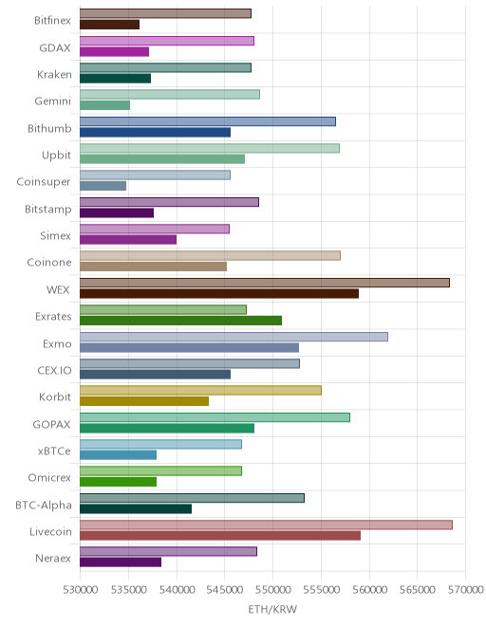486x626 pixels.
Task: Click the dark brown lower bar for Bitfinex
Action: [x=109, y=25]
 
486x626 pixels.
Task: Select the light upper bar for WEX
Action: [x=265, y=283]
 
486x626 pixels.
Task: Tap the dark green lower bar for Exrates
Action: [x=180, y=321]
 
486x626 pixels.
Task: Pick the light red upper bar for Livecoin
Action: [x=266, y=525]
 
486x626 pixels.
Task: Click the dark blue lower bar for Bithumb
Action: [x=155, y=132]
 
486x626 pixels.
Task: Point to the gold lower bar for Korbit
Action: [x=144, y=401]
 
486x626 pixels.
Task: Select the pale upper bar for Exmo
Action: [x=234, y=337]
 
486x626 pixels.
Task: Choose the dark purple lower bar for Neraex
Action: [x=121, y=562]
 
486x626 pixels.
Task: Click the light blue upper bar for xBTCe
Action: [x=160, y=444]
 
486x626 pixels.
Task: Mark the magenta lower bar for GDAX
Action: [x=114, y=51]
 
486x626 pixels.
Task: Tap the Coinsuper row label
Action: [x=44, y=182]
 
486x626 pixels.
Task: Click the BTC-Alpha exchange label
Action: [x=44, y=505]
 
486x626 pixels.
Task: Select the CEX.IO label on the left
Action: [x=54, y=371]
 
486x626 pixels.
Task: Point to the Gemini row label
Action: [x=53, y=101]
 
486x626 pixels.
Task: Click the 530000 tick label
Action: [x=81, y=590]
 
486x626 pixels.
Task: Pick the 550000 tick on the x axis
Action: [x=273, y=590]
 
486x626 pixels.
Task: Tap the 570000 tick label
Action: [x=466, y=590]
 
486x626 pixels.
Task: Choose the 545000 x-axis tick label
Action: [x=225, y=590]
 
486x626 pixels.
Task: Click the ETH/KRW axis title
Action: [x=272, y=609]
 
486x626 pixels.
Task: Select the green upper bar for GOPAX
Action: [x=215, y=417]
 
